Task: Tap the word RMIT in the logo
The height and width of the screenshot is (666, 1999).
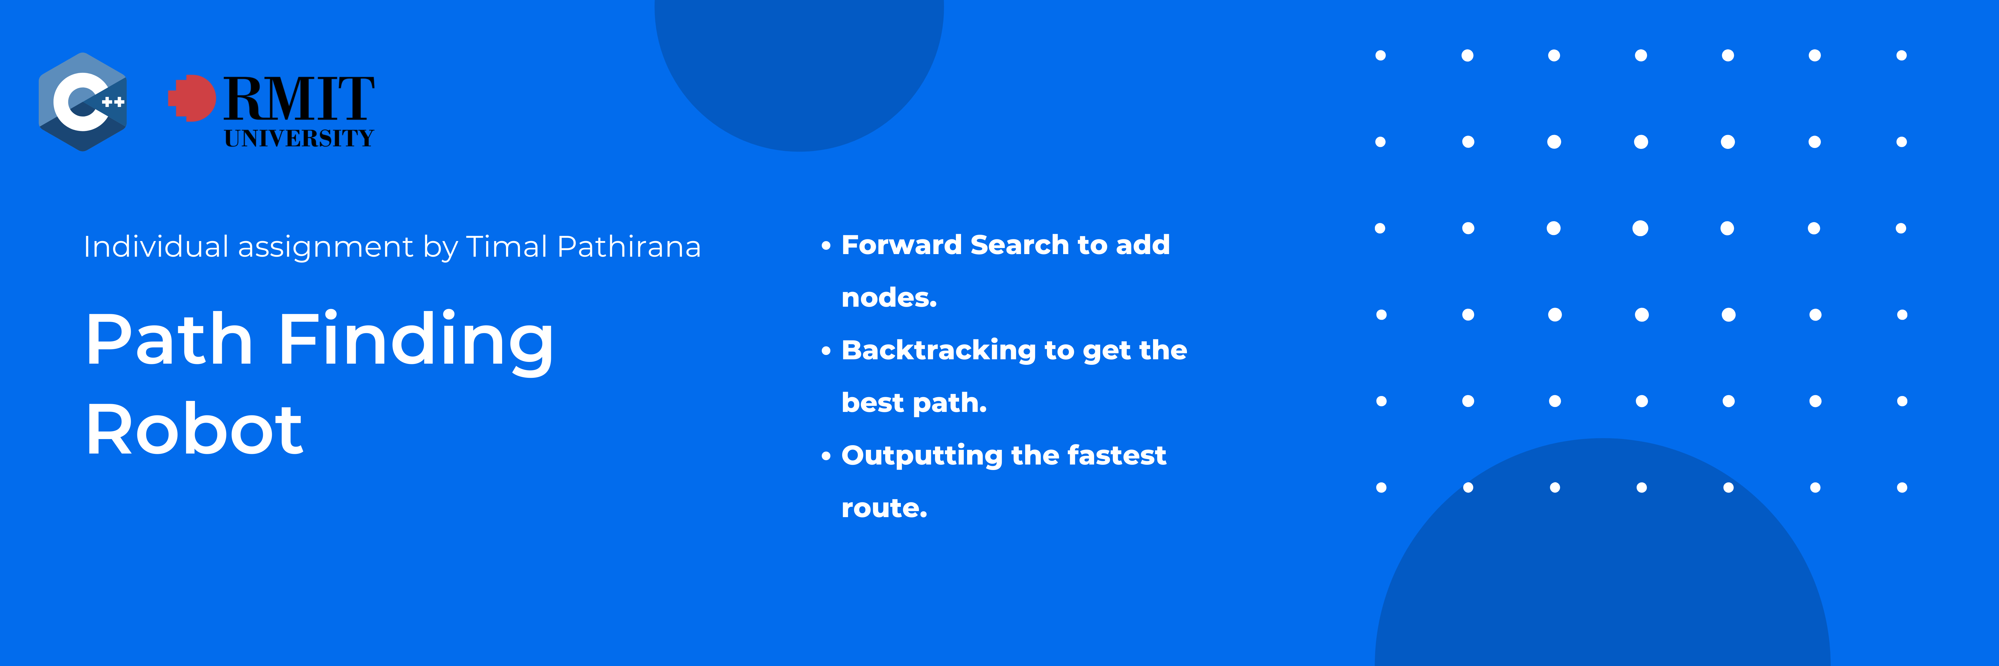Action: point(299,99)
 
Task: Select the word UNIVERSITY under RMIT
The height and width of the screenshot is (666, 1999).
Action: point(299,139)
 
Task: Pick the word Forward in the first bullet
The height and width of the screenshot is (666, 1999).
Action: point(901,245)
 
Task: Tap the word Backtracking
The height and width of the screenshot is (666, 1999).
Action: point(938,350)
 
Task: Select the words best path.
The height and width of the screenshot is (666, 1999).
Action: point(913,403)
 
